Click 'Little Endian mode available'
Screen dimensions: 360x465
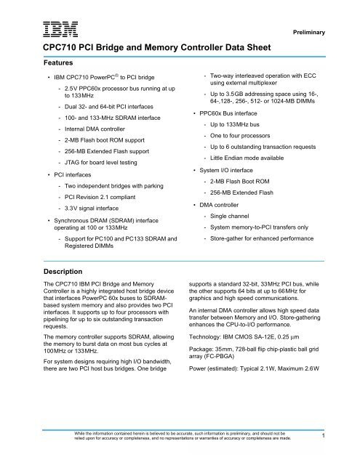click(x=255, y=157)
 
